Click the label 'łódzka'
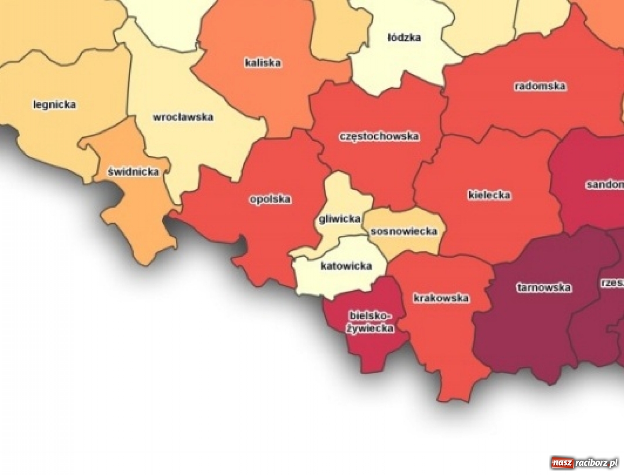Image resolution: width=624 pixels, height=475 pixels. pyautogui.click(x=404, y=37)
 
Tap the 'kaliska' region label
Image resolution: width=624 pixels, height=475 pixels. pyautogui.click(x=263, y=63)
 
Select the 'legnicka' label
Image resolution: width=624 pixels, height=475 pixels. pyautogui.click(x=55, y=105)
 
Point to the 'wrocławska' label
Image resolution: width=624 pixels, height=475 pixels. pyautogui.click(x=182, y=117)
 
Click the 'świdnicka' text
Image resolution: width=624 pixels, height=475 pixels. pyautogui.click(x=133, y=172)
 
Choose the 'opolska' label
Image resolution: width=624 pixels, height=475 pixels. pyautogui.click(x=270, y=199)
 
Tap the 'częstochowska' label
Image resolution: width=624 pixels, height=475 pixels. pyautogui.click(x=379, y=136)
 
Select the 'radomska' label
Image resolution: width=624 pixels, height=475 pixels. pyautogui.click(x=540, y=86)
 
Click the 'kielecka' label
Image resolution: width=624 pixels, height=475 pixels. pyautogui.click(x=489, y=195)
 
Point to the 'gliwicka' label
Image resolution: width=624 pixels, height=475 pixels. pyautogui.click(x=339, y=219)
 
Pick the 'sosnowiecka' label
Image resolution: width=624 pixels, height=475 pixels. pyautogui.click(x=404, y=231)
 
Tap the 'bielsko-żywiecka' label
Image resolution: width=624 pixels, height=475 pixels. pyautogui.click(x=370, y=322)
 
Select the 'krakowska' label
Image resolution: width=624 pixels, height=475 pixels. pyautogui.click(x=441, y=298)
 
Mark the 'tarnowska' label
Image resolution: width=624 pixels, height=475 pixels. pyautogui.click(x=544, y=288)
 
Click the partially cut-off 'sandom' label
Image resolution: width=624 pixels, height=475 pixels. pyautogui.click(x=605, y=185)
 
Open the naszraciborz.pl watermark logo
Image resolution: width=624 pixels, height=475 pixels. pyautogui.click(x=584, y=463)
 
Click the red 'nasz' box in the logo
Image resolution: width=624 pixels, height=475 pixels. pyautogui.click(x=562, y=463)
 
